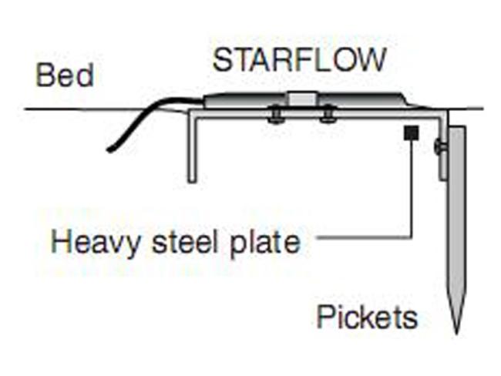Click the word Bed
tap(66, 75)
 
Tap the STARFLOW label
tap(299, 60)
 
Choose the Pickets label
tap(367, 317)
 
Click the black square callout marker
tap(412, 133)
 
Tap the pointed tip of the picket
tap(457, 334)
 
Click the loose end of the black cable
tap(109, 149)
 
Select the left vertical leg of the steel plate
tap(192, 147)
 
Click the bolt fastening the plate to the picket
tap(439, 146)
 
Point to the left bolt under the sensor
tap(275, 116)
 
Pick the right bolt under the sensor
tap(328, 116)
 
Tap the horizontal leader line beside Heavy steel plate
tap(364, 237)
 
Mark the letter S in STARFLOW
tap(222, 60)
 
